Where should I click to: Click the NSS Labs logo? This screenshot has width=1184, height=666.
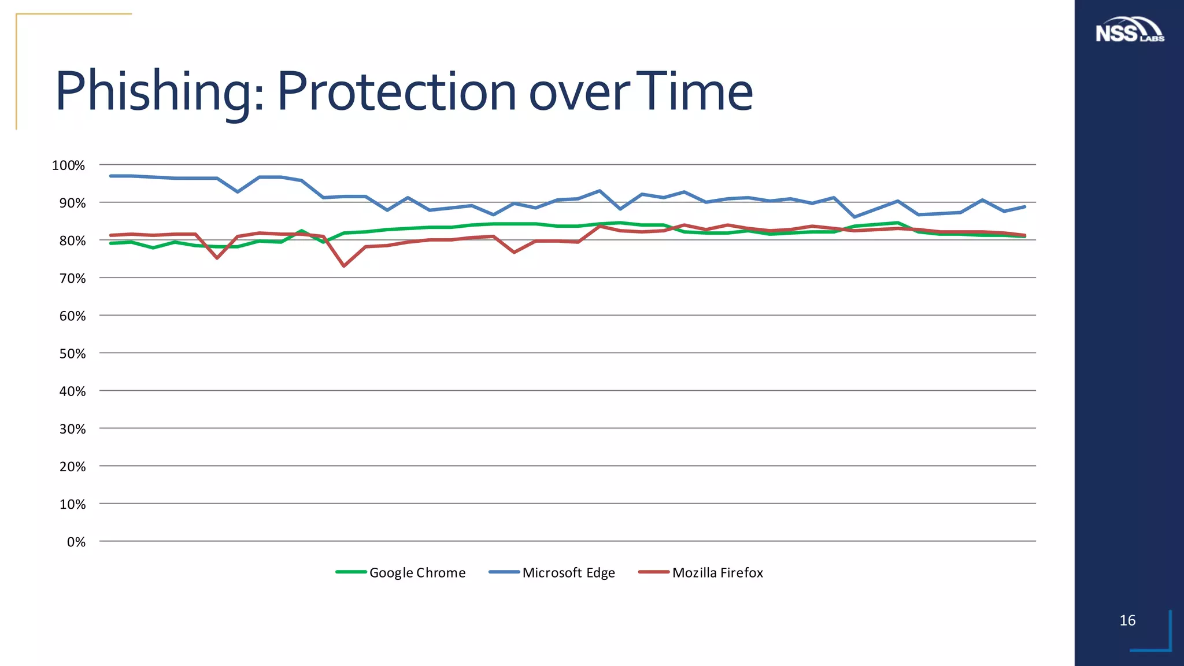(x=1129, y=30)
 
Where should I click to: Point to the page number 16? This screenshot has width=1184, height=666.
(x=1127, y=620)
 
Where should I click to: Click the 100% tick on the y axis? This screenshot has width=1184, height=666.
(x=68, y=166)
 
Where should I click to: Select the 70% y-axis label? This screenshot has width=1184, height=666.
(x=72, y=279)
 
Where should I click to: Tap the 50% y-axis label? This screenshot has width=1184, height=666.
(x=72, y=354)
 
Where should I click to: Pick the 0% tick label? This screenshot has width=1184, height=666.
(x=76, y=542)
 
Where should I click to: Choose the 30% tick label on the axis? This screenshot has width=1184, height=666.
(x=72, y=429)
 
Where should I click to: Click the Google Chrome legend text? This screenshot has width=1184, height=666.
(x=417, y=573)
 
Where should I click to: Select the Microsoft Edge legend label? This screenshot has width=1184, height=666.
(x=568, y=573)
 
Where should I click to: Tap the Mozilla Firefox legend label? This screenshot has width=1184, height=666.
(x=717, y=573)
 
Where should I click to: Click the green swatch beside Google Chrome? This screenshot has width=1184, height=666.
(x=351, y=572)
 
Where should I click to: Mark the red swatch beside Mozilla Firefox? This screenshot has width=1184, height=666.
(x=654, y=572)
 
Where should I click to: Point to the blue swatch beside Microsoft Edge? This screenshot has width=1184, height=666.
(x=504, y=572)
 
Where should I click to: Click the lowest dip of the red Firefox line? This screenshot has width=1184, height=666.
(x=344, y=266)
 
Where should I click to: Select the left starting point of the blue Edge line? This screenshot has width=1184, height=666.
(x=111, y=176)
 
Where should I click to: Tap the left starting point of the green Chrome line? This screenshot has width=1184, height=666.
(x=111, y=243)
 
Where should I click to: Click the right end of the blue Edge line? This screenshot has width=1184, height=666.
(x=1024, y=206)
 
